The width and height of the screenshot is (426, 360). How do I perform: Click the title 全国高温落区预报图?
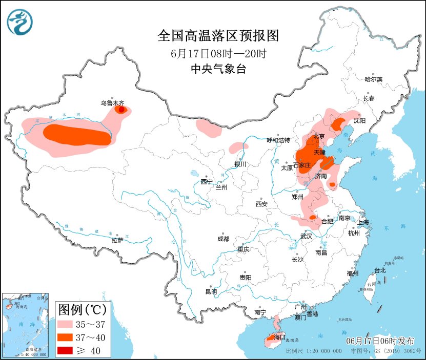point(218,35)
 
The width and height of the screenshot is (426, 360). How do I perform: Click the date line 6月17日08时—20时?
point(218,53)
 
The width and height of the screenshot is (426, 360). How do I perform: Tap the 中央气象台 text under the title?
point(218,69)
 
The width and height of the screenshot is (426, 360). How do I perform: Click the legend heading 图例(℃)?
point(82,309)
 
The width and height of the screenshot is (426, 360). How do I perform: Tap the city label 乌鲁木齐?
point(112,102)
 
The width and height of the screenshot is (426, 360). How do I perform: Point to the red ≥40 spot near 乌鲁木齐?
point(121,109)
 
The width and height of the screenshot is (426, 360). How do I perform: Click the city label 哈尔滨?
point(374,79)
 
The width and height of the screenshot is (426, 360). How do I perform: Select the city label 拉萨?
point(117,240)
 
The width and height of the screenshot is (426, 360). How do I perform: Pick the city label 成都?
point(223,239)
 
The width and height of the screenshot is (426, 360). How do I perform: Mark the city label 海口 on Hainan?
point(279,337)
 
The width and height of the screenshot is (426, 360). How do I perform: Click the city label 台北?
point(379,270)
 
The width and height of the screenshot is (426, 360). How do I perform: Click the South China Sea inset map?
point(26,325)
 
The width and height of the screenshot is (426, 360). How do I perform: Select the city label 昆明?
point(211,291)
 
